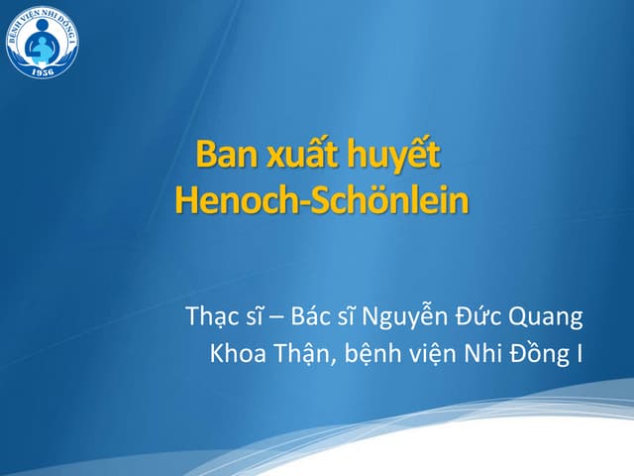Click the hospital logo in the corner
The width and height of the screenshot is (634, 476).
point(42,41)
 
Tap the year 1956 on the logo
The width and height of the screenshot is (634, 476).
point(42,70)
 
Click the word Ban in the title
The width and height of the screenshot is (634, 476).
point(221,156)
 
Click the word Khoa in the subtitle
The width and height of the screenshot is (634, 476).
point(235,353)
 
